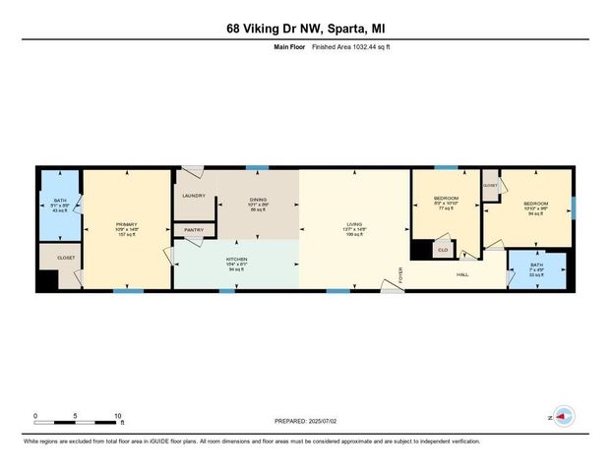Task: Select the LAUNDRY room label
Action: click(x=192, y=196)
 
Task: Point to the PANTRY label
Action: click(x=194, y=230)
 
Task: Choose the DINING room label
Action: click(x=258, y=200)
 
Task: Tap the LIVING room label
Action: click(x=354, y=226)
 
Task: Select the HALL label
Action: click(x=461, y=274)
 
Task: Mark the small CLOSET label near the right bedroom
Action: click(x=490, y=185)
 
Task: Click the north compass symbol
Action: click(x=563, y=417)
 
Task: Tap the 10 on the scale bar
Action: click(x=118, y=416)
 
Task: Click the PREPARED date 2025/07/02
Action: click(x=305, y=421)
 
